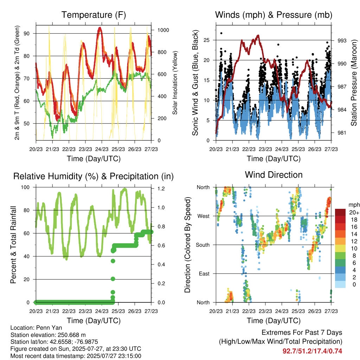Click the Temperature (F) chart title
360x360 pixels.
pyautogui.click(x=94, y=15)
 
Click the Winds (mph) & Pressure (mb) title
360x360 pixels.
pyautogui.click(x=274, y=15)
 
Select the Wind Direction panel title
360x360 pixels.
pyautogui.click(x=274, y=175)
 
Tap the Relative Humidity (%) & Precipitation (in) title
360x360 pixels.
pyautogui.click(x=94, y=176)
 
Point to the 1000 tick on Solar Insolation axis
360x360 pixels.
pyautogui.click(x=163, y=30)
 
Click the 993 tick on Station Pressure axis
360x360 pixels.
pyautogui.click(x=342, y=41)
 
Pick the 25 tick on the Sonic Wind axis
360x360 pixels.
pyautogui.click(x=207, y=40)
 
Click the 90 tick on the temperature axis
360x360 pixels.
pyautogui.click(x=27, y=33)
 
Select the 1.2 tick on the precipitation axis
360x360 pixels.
pyautogui.click(x=161, y=188)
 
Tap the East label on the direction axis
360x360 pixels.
pyautogui.click(x=204, y=274)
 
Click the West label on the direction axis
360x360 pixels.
pyautogui.click(x=204, y=216)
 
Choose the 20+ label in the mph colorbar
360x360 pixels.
pyautogui.click(x=354, y=212)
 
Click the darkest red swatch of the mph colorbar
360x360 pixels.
pyautogui.click(x=340, y=212)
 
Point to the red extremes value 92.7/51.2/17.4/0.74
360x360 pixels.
pyautogui.click(x=312, y=351)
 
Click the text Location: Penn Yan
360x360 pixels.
pyautogui.click(x=36, y=328)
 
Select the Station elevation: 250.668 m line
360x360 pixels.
pyautogui.click(x=48, y=335)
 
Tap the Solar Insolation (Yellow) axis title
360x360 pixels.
pyautogui.click(x=175, y=83)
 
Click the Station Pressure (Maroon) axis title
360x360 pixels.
pyautogui.click(x=354, y=83)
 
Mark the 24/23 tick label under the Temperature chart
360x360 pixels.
pyautogui.click(x=102, y=149)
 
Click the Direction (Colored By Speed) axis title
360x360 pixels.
pyautogui.click(x=187, y=245)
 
